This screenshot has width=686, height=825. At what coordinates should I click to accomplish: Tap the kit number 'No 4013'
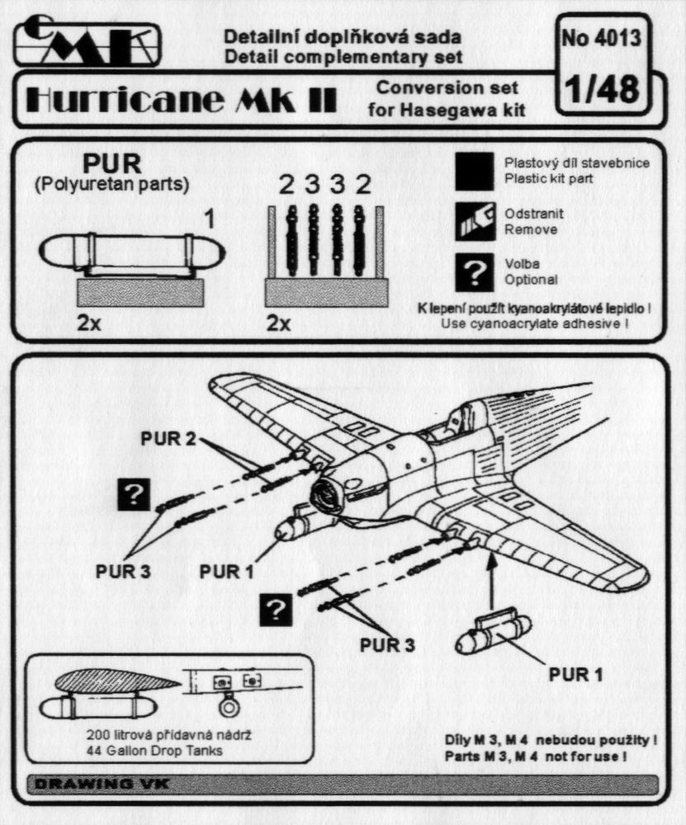pyautogui.click(x=600, y=39)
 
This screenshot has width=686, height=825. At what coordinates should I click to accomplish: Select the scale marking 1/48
pyautogui.click(x=600, y=90)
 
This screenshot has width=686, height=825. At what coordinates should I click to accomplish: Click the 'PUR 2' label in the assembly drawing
pyautogui.click(x=169, y=437)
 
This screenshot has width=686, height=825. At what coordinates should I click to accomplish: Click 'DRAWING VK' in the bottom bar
pyautogui.click(x=98, y=783)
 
